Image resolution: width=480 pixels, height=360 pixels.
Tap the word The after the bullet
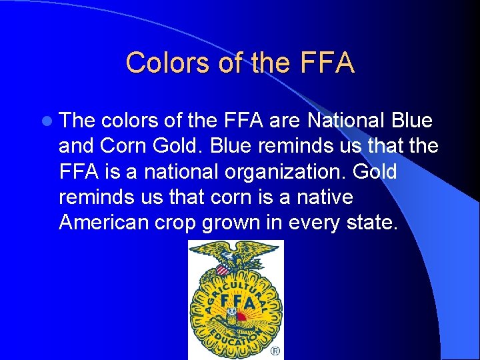77,121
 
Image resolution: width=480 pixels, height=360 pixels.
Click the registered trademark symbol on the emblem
275,351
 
